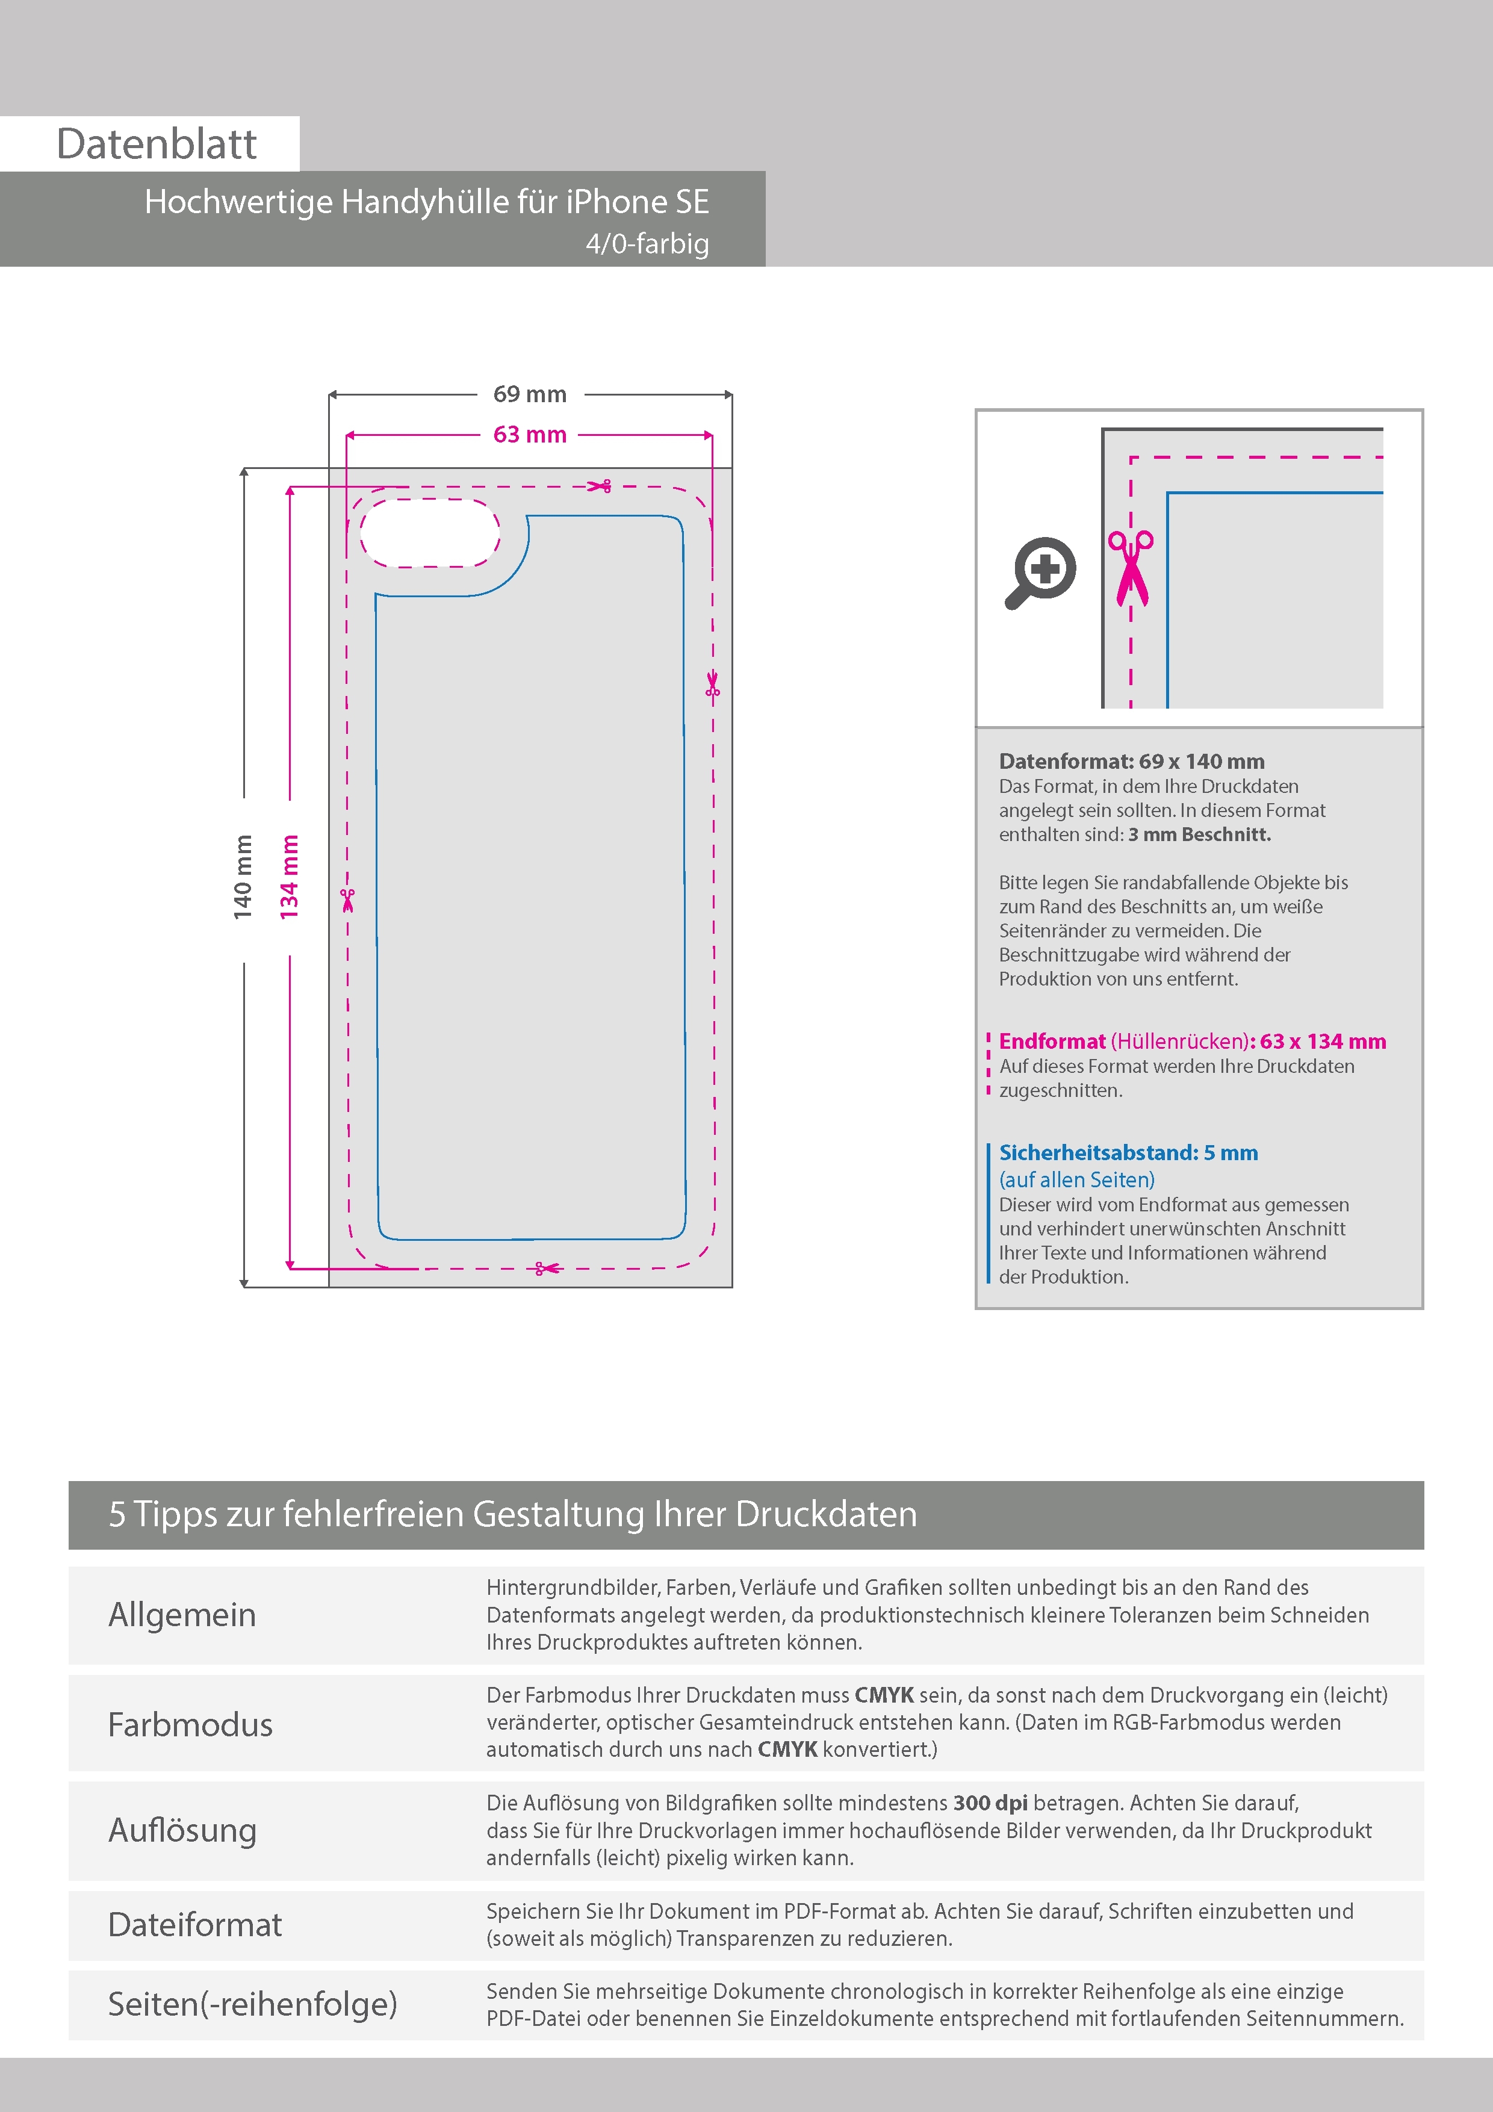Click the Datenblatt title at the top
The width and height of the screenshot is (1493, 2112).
157,143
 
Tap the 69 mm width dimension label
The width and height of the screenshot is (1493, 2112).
530,394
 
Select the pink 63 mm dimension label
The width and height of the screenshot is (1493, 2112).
530,434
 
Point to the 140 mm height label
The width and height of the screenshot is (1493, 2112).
242,877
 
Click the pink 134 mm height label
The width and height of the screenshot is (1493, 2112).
289,877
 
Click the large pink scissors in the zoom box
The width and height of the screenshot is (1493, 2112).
1131,568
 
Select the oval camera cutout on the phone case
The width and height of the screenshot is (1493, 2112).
430,533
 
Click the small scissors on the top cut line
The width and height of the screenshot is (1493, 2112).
600,486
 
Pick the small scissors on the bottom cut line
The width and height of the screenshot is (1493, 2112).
547,1269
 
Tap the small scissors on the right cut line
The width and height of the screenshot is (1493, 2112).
713,685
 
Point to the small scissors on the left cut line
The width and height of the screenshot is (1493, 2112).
348,899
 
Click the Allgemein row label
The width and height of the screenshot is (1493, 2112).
182,1614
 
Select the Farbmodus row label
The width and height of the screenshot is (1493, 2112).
190,1724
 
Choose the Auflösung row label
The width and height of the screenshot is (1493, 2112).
182,1830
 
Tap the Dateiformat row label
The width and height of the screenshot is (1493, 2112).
195,1924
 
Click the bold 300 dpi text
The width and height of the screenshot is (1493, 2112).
991,1803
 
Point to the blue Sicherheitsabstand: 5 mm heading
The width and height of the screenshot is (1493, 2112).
1129,1152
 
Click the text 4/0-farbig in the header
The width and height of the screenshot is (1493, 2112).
648,244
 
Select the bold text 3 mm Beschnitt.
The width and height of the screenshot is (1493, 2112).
1200,834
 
